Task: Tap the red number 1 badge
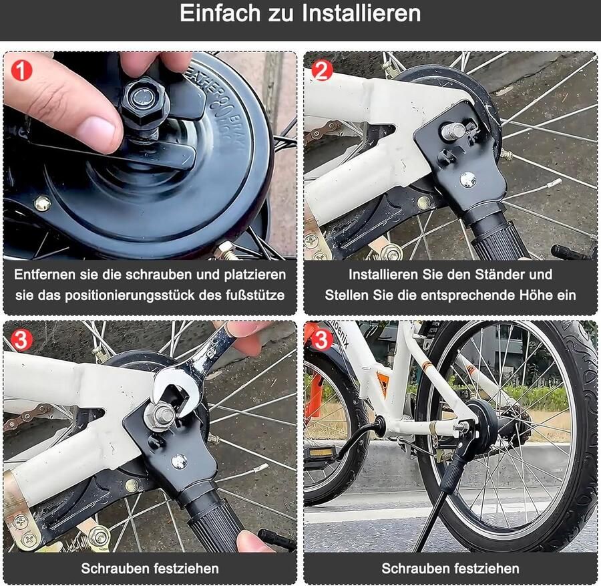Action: (x=21, y=69)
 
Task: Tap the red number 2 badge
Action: (x=322, y=69)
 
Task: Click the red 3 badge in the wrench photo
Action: (x=21, y=339)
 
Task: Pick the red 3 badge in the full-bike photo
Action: (x=322, y=339)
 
